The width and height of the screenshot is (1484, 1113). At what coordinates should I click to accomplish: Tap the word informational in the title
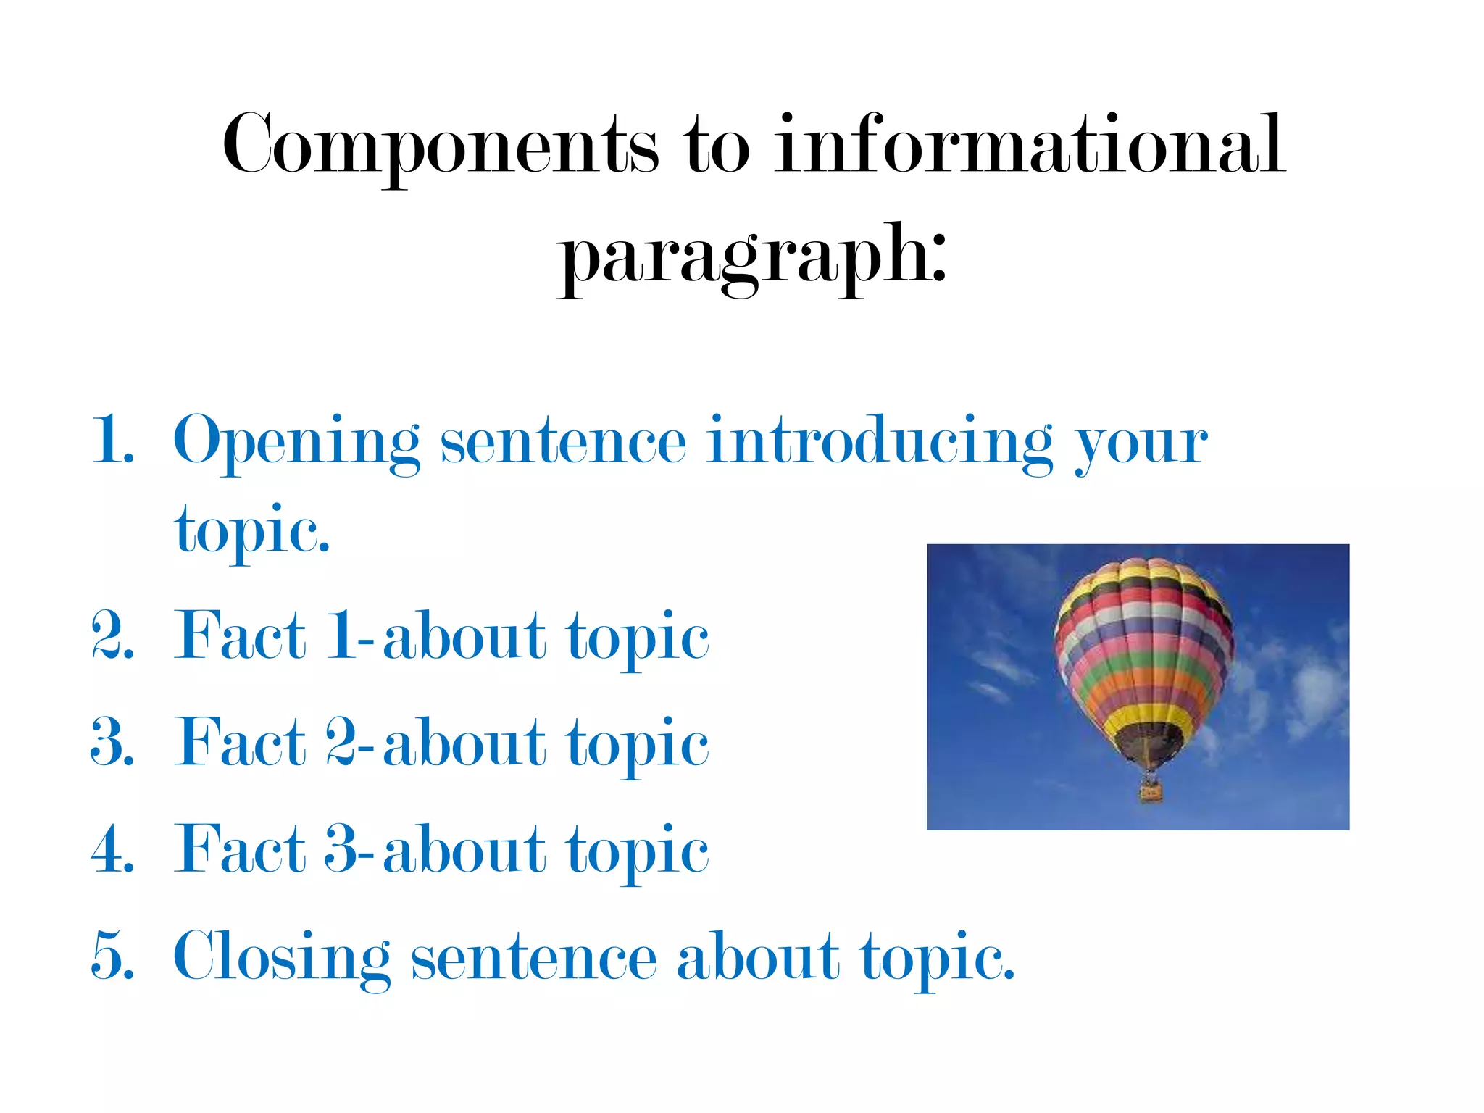pyautogui.click(x=1029, y=145)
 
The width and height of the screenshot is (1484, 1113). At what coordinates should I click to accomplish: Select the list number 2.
pyautogui.click(x=113, y=635)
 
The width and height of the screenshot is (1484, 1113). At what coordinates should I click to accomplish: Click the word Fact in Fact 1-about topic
pyautogui.click(x=240, y=635)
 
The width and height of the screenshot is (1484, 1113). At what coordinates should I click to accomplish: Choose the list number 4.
pyautogui.click(x=113, y=849)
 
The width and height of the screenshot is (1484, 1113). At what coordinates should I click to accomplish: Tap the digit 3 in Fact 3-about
pyautogui.click(x=341, y=849)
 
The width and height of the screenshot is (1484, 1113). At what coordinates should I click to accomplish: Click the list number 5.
pyautogui.click(x=113, y=956)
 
